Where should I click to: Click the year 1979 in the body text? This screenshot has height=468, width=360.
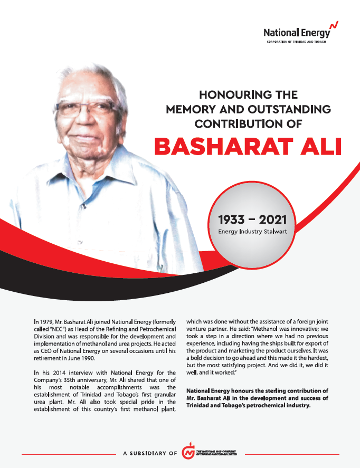(x=47, y=320)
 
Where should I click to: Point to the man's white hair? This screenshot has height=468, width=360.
(x=84, y=74)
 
